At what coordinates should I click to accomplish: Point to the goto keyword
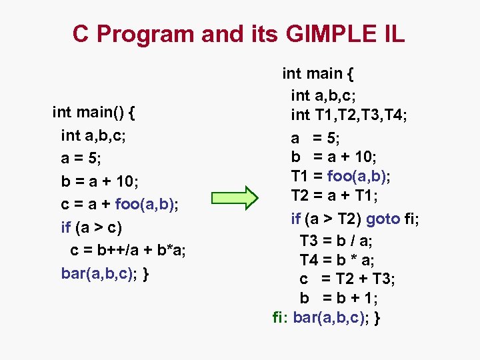pyautogui.click(x=383, y=218)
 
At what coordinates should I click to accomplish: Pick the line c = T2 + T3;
pyautogui.click(x=339, y=279)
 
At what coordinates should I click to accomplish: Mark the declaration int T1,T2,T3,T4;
pyautogui.click(x=349, y=115)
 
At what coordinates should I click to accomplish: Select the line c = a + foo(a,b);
pyautogui.click(x=120, y=204)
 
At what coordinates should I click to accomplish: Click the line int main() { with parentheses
pyautogui.click(x=95, y=112)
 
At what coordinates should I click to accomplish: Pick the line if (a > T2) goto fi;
pyautogui.click(x=359, y=218)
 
